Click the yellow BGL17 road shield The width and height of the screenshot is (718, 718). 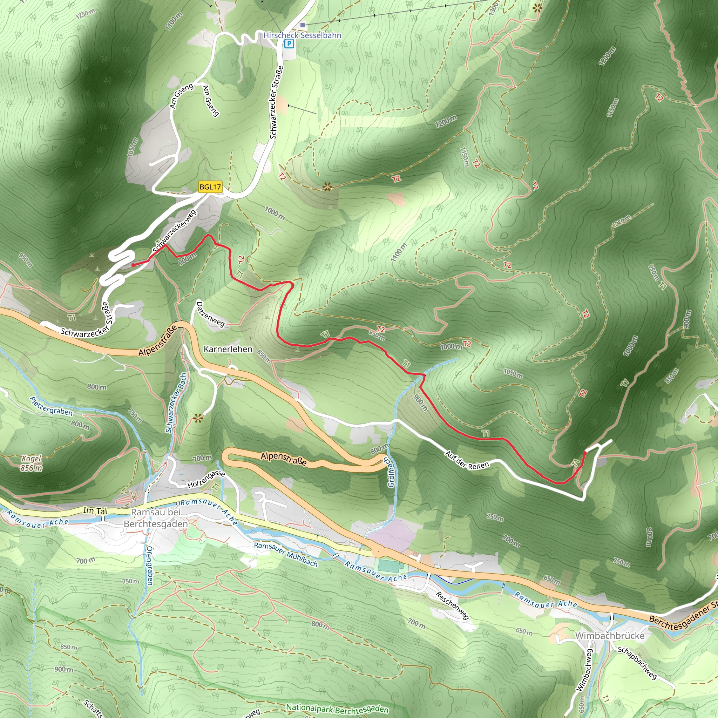[x=210, y=187]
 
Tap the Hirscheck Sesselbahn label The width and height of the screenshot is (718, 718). [x=302, y=35]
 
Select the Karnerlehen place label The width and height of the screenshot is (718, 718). [x=228, y=349]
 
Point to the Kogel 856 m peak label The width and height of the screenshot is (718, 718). [x=31, y=463]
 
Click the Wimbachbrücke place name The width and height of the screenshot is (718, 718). [x=609, y=636]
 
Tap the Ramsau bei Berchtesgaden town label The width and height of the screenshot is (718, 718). [x=156, y=518]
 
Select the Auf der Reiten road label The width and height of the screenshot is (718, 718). [x=467, y=460]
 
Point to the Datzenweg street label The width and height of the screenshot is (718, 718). [x=210, y=314]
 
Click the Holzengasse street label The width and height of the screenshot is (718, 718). [x=206, y=479]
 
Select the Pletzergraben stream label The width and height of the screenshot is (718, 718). [x=51, y=406]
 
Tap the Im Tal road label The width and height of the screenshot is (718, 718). [x=95, y=510]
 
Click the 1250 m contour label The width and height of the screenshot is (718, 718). [x=85, y=14]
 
